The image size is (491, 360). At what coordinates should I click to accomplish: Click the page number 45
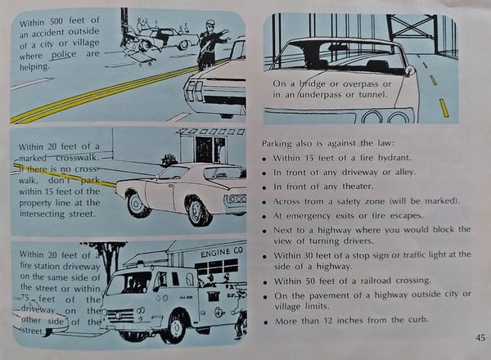coord(480,338)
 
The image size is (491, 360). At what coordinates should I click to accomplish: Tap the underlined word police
coord(64,55)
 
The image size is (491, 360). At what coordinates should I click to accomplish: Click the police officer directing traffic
coord(210,45)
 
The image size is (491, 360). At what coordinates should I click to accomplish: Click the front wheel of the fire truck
coord(175,326)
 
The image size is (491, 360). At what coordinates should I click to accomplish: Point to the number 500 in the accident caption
coord(56,21)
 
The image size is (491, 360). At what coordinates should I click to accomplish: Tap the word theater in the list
coord(358,187)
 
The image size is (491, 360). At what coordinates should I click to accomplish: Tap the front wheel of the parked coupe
coord(197,210)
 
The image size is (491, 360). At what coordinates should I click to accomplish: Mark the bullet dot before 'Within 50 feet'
coord(265,282)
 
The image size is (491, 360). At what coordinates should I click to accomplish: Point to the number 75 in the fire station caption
coord(25,298)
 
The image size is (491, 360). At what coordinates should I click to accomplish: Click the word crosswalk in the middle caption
coord(78,157)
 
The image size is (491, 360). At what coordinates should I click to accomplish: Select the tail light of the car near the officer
coord(193,91)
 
